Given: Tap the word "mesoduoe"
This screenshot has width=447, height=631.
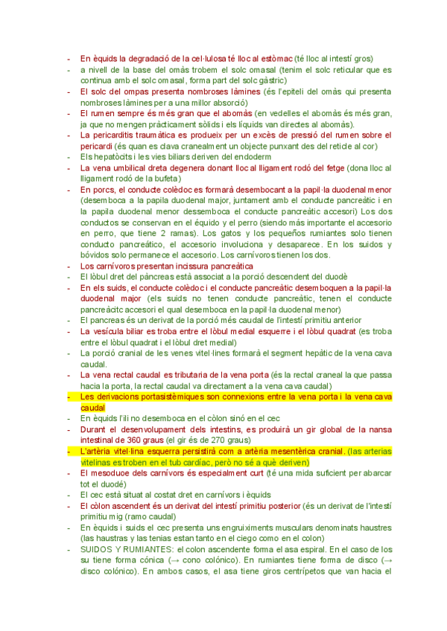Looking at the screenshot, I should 112,473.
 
